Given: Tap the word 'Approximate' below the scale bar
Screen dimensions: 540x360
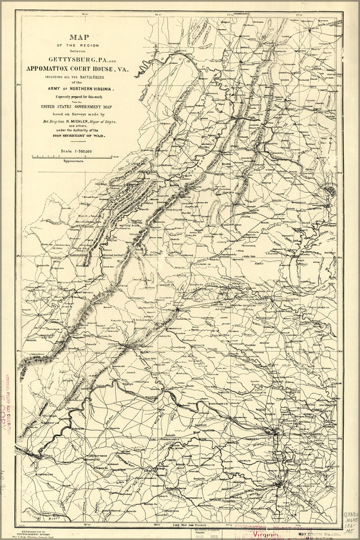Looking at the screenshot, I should (73, 161).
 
